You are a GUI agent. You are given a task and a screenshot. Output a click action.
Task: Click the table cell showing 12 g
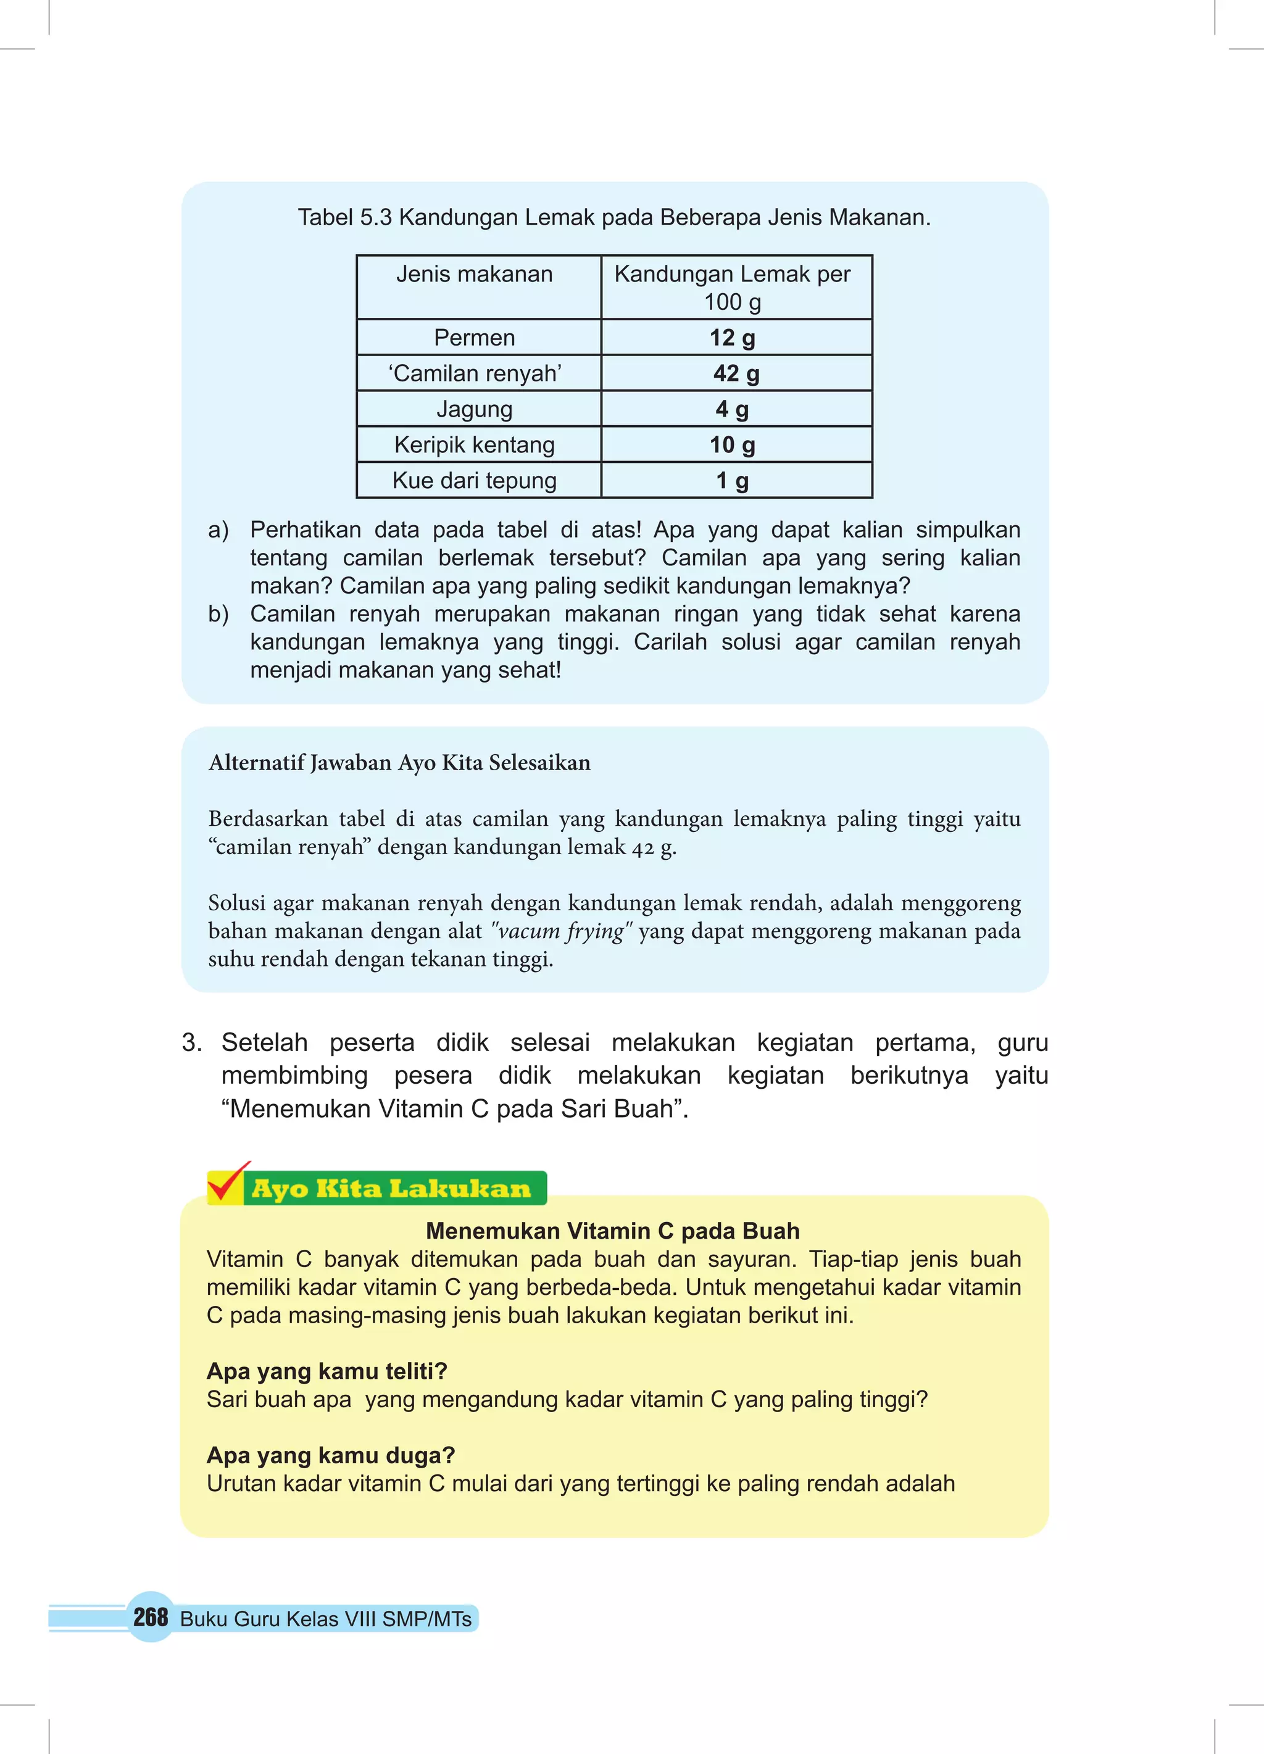[x=733, y=338]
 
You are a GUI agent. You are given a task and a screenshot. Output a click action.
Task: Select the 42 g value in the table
[x=736, y=373]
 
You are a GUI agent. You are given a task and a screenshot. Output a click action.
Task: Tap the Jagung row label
[x=474, y=409]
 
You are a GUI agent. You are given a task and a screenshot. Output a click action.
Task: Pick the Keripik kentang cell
[x=474, y=445]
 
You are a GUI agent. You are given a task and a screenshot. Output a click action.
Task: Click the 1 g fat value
[x=732, y=480]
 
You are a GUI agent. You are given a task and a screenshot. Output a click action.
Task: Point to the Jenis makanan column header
[x=474, y=275]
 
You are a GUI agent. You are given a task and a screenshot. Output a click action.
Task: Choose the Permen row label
[x=474, y=338]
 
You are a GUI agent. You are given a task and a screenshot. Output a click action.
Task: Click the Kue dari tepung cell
[x=474, y=480]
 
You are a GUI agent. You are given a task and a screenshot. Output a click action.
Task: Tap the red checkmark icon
[x=227, y=1182]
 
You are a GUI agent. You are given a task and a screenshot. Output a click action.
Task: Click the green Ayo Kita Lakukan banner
[x=392, y=1189]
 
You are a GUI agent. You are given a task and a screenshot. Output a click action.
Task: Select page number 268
[x=150, y=1616]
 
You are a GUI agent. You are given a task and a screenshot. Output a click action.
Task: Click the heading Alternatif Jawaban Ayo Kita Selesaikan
[x=399, y=763]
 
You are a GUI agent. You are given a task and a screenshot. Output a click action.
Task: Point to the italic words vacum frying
[x=562, y=931]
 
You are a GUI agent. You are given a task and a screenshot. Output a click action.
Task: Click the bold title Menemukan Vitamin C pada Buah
[x=613, y=1231]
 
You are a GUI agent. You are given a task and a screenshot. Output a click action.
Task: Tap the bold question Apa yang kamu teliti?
[x=326, y=1371]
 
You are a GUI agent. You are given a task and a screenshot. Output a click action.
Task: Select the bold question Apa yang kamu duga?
[x=330, y=1455]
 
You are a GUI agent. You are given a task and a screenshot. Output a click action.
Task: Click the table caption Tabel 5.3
[x=614, y=218]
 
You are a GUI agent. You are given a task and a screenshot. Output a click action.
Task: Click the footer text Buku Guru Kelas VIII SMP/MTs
[x=326, y=1619]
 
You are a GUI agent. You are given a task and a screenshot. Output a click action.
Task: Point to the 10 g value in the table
[x=732, y=445]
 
